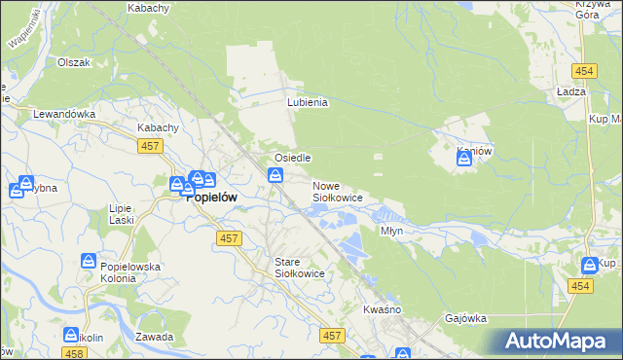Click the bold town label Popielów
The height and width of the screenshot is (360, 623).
214,194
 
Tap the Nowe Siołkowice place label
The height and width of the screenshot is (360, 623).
338,192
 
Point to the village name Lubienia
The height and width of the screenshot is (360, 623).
308,102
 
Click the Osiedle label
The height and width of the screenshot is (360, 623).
292,158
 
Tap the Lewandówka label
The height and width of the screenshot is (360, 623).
64,114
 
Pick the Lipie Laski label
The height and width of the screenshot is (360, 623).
121,215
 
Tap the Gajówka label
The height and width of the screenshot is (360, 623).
464,318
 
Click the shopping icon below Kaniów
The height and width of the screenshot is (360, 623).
464,160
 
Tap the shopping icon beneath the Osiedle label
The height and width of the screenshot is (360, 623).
275,175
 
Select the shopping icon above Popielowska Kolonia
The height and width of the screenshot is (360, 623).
89,262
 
